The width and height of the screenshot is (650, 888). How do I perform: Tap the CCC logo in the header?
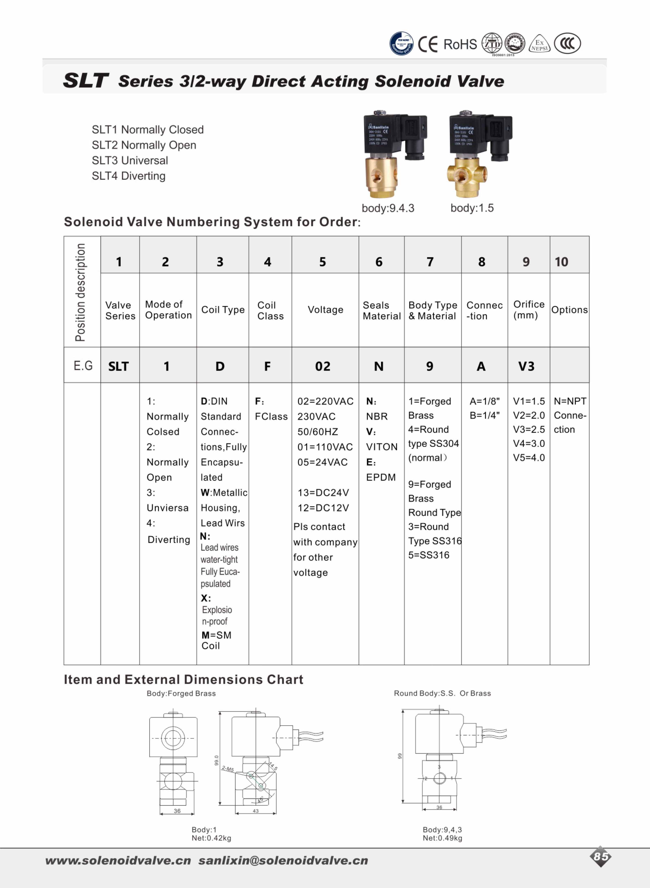pos(567,43)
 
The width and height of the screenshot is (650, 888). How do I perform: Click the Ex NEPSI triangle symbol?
pos(540,44)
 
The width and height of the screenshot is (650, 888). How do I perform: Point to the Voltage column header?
pos(325,310)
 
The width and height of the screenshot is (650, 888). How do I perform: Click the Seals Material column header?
pos(381,311)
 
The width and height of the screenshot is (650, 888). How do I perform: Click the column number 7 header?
pos(430,262)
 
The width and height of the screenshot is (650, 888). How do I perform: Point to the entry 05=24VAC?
pos(322,462)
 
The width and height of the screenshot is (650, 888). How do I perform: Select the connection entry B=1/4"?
pos(484,415)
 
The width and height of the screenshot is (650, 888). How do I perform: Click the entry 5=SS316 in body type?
pos(428,555)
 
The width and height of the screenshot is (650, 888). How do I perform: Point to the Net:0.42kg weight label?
pos(211,838)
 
